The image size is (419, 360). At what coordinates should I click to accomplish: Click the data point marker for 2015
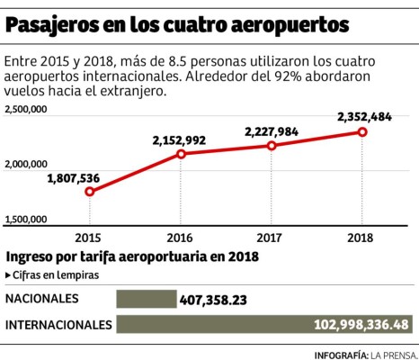(x=89, y=191)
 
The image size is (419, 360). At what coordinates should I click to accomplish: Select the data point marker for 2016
(x=181, y=154)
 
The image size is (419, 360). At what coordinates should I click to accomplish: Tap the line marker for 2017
(x=272, y=145)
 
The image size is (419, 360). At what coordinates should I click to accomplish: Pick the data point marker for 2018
(x=362, y=131)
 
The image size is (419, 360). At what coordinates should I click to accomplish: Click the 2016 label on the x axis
(x=181, y=238)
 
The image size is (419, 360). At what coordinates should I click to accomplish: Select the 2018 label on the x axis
(x=362, y=238)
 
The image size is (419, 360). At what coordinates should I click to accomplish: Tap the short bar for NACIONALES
(x=147, y=299)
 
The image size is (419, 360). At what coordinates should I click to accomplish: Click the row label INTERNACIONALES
(x=58, y=324)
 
